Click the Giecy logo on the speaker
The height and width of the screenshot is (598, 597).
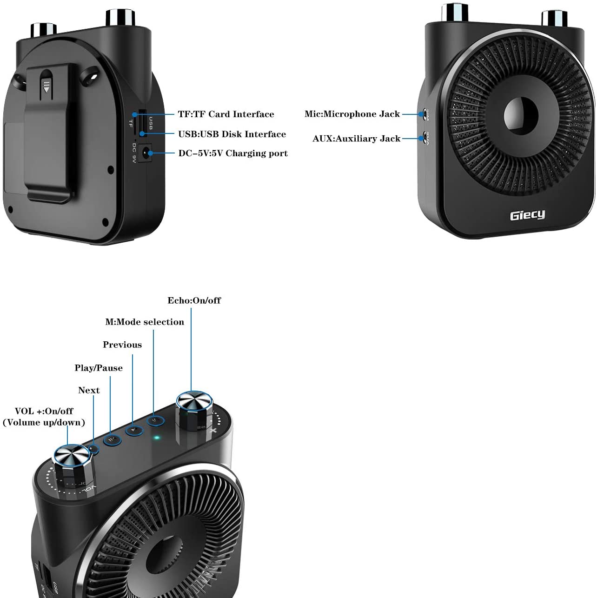(x=527, y=215)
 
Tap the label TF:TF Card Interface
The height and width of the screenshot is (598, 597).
(x=226, y=114)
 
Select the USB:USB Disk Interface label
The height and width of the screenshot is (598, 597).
(x=232, y=134)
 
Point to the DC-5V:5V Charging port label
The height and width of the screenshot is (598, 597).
(x=233, y=153)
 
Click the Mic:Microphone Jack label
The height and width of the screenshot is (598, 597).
(x=352, y=114)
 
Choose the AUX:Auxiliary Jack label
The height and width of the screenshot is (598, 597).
(x=356, y=139)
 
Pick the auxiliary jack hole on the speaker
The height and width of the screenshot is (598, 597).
(x=424, y=138)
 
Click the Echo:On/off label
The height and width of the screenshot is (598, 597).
(x=194, y=300)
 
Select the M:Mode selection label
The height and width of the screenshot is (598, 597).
(x=145, y=322)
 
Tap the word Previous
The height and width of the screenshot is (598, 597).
(x=122, y=345)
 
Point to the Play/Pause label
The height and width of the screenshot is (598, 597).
(x=99, y=368)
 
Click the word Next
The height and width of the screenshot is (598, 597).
(x=89, y=390)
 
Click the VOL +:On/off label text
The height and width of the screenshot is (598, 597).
(x=44, y=411)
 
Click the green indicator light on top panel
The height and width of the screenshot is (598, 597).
(x=157, y=438)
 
